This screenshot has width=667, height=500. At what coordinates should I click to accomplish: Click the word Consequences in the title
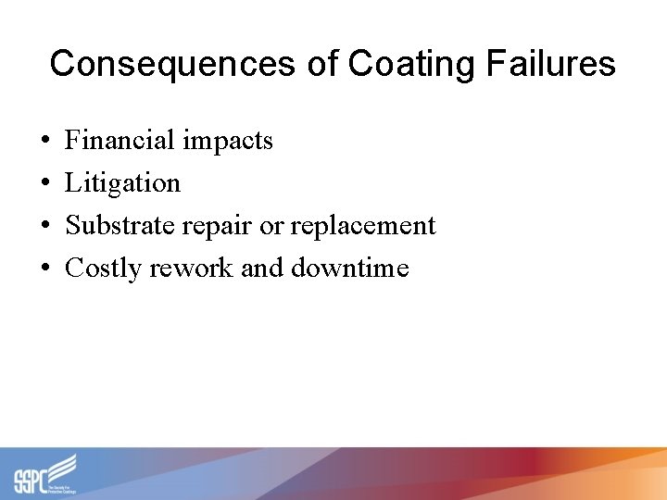tap(172, 64)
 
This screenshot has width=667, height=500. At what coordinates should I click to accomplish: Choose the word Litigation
tap(122, 183)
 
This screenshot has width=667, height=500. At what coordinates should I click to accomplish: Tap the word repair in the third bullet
tap(224, 227)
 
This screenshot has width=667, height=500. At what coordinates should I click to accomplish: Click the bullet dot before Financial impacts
tap(46, 142)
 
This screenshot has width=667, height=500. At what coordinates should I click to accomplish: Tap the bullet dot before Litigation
tap(46, 184)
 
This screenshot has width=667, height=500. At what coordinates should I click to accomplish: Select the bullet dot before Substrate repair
tap(46, 227)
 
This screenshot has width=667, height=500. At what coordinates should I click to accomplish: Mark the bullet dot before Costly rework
tap(46, 269)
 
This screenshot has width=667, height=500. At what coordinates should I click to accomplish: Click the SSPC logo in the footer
tap(45, 474)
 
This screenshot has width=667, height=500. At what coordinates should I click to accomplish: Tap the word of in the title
tap(322, 64)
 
